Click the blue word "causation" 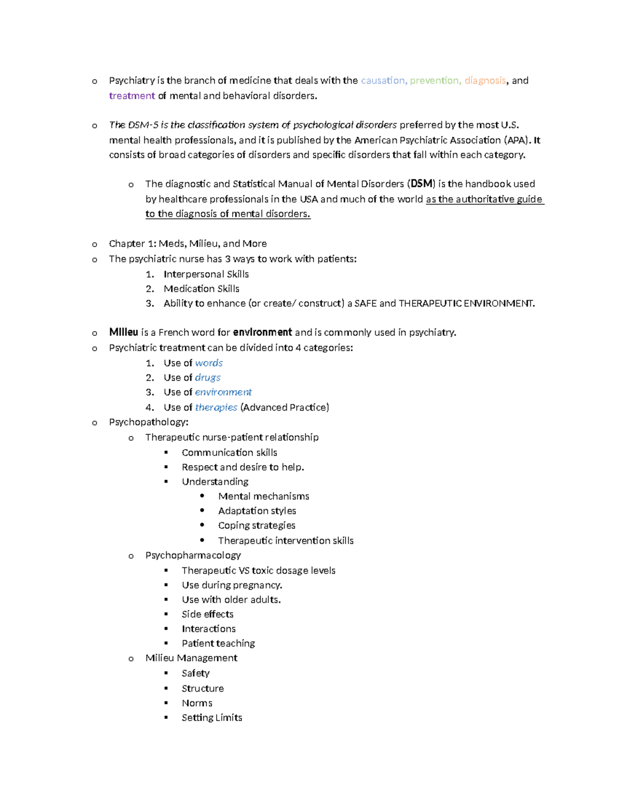coord(383,80)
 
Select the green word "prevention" coord(434,80)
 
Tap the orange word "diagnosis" coord(485,80)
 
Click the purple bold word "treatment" coord(132,95)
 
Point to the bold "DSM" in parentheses coord(421,184)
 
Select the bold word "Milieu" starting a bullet coord(123,332)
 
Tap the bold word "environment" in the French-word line coord(263,332)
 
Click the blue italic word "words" coord(209,363)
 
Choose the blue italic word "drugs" coord(208,378)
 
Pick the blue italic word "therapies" coord(216,407)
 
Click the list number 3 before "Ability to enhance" coord(150,303)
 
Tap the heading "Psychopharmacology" coord(193,555)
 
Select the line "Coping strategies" coord(256,525)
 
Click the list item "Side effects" coord(207,614)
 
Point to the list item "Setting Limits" coord(211,717)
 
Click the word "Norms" coord(197,703)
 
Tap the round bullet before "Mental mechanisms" coord(202,496)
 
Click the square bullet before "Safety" coord(166,673)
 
